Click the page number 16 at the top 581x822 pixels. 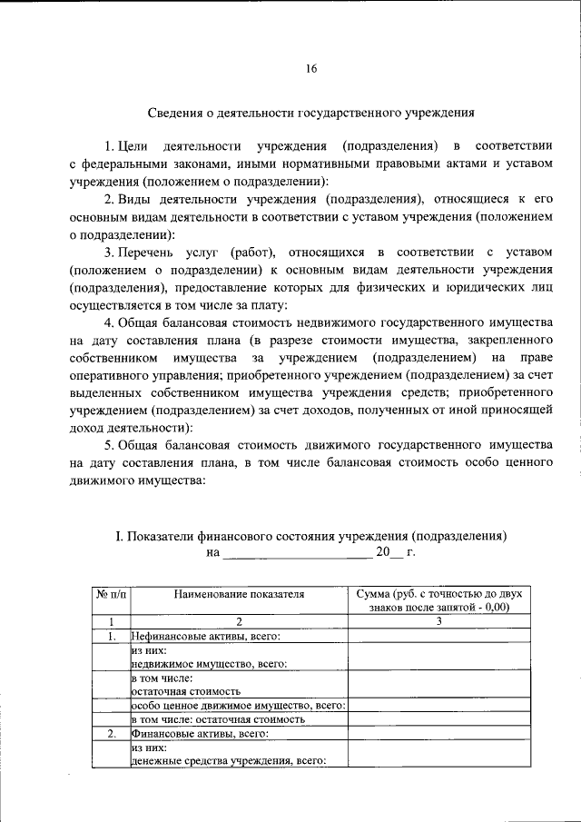(310, 69)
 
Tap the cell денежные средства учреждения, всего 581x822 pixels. (229, 761)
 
